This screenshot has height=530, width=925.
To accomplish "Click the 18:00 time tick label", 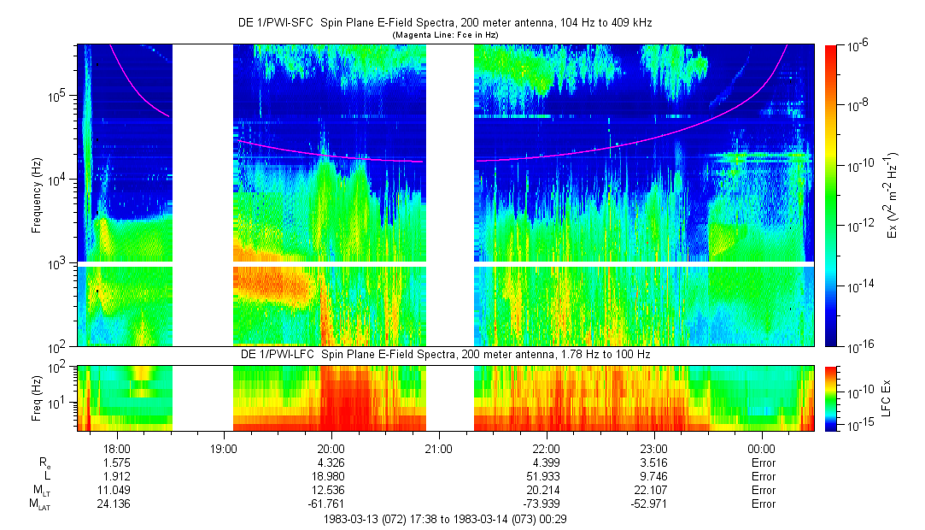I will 116,447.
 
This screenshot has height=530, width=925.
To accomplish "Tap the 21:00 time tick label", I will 438,447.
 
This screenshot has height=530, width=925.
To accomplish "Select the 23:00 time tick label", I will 653,447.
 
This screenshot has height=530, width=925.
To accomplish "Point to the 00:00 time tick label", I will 761,447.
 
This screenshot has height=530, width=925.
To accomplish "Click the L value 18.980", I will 331,476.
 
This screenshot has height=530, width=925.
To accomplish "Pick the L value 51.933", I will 546,476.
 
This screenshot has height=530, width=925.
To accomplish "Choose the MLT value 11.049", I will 116,490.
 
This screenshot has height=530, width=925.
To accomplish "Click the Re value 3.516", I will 653,462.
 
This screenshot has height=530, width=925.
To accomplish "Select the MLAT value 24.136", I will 116,503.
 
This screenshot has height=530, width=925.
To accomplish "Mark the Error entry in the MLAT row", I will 761,503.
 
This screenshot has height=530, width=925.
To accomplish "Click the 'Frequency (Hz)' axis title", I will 37,196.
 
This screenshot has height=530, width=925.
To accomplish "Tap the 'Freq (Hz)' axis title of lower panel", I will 37,398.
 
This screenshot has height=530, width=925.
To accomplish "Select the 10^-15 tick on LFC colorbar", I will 857,425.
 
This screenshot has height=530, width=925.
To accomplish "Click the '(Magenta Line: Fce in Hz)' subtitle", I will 444,35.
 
